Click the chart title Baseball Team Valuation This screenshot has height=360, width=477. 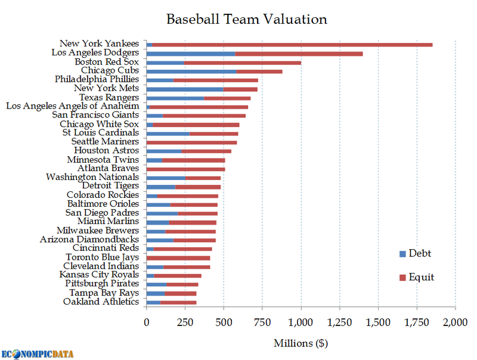[246, 19]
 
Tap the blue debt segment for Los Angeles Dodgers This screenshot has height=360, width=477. [191, 53]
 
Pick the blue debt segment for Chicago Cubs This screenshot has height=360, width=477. [191, 71]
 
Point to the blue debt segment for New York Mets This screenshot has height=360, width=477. [185, 89]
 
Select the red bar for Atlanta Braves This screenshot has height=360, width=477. [185, 169]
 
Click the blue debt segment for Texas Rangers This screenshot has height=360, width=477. [175, 98]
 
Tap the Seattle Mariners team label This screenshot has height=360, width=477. [105, 142]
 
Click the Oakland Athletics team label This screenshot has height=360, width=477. [101, 302]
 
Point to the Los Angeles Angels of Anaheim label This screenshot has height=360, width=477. [72, 106]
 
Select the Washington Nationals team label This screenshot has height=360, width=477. [92, 177]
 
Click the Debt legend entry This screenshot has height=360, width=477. [416, 253]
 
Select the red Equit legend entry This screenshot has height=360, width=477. [417, 277]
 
